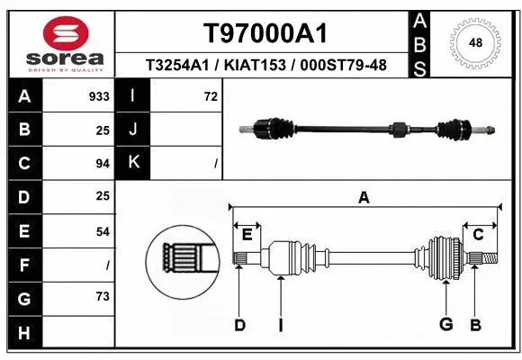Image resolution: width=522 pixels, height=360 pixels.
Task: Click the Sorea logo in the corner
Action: pyautogui.click(x=58, y=42)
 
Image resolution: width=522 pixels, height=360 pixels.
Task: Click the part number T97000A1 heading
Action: pyautogui.click(x=264, y=33)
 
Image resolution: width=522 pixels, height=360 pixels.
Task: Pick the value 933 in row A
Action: pyautogui.click(x=100, y=96)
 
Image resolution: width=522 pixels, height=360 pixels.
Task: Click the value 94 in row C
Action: pyautogui.click(x=102, y=164)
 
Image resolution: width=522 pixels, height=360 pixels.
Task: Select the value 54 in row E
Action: pyautogui.click(x=102, y=232)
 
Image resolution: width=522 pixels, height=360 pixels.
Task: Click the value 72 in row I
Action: pyautogui.click(x=211, y=96)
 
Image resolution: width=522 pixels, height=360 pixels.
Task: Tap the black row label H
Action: pyautogui.click(x=24, y=333)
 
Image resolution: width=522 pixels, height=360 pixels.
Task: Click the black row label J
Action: pyautogui.click(x=134, y=130)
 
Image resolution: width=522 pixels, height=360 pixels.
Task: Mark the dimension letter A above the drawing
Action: pyautogui.click(x=364, y=198)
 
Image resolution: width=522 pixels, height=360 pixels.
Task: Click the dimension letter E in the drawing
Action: pyautogui.click(x=247, y=234)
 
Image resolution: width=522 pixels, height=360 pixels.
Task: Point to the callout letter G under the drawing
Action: pyautogui.click(x=445, y=325)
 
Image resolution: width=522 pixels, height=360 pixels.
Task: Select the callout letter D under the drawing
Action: pyautogui.click(x=239, y=325)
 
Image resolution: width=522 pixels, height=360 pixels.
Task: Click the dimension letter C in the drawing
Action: pyautogui.click(x=479, y=234)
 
